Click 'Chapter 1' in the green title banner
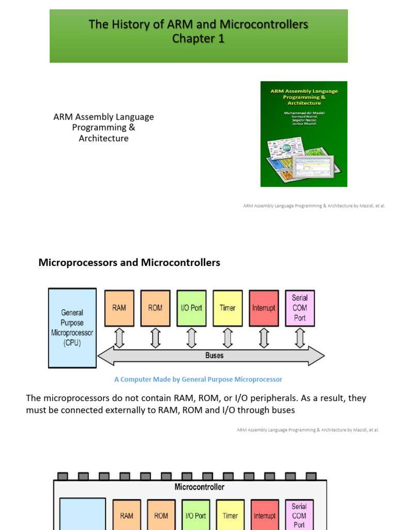coord(198,39)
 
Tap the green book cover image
coord(303,134)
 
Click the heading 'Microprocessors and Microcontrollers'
coord(129,262)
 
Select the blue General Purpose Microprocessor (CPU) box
coord(72,328)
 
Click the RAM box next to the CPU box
coord(119,308)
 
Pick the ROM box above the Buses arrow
coord(155,308)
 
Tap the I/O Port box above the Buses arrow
coord(191,308)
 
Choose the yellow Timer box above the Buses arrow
coord(227,308)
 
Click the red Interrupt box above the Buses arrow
coord(264,308)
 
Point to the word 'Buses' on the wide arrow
coord(214,356)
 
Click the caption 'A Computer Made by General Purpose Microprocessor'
coord(198,379)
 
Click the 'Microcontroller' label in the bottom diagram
coord(200,487)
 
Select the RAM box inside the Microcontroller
coord(127,516)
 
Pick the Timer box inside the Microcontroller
coord(230,516)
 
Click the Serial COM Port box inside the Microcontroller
coord(299,515)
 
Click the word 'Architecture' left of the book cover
coord(103,139)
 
